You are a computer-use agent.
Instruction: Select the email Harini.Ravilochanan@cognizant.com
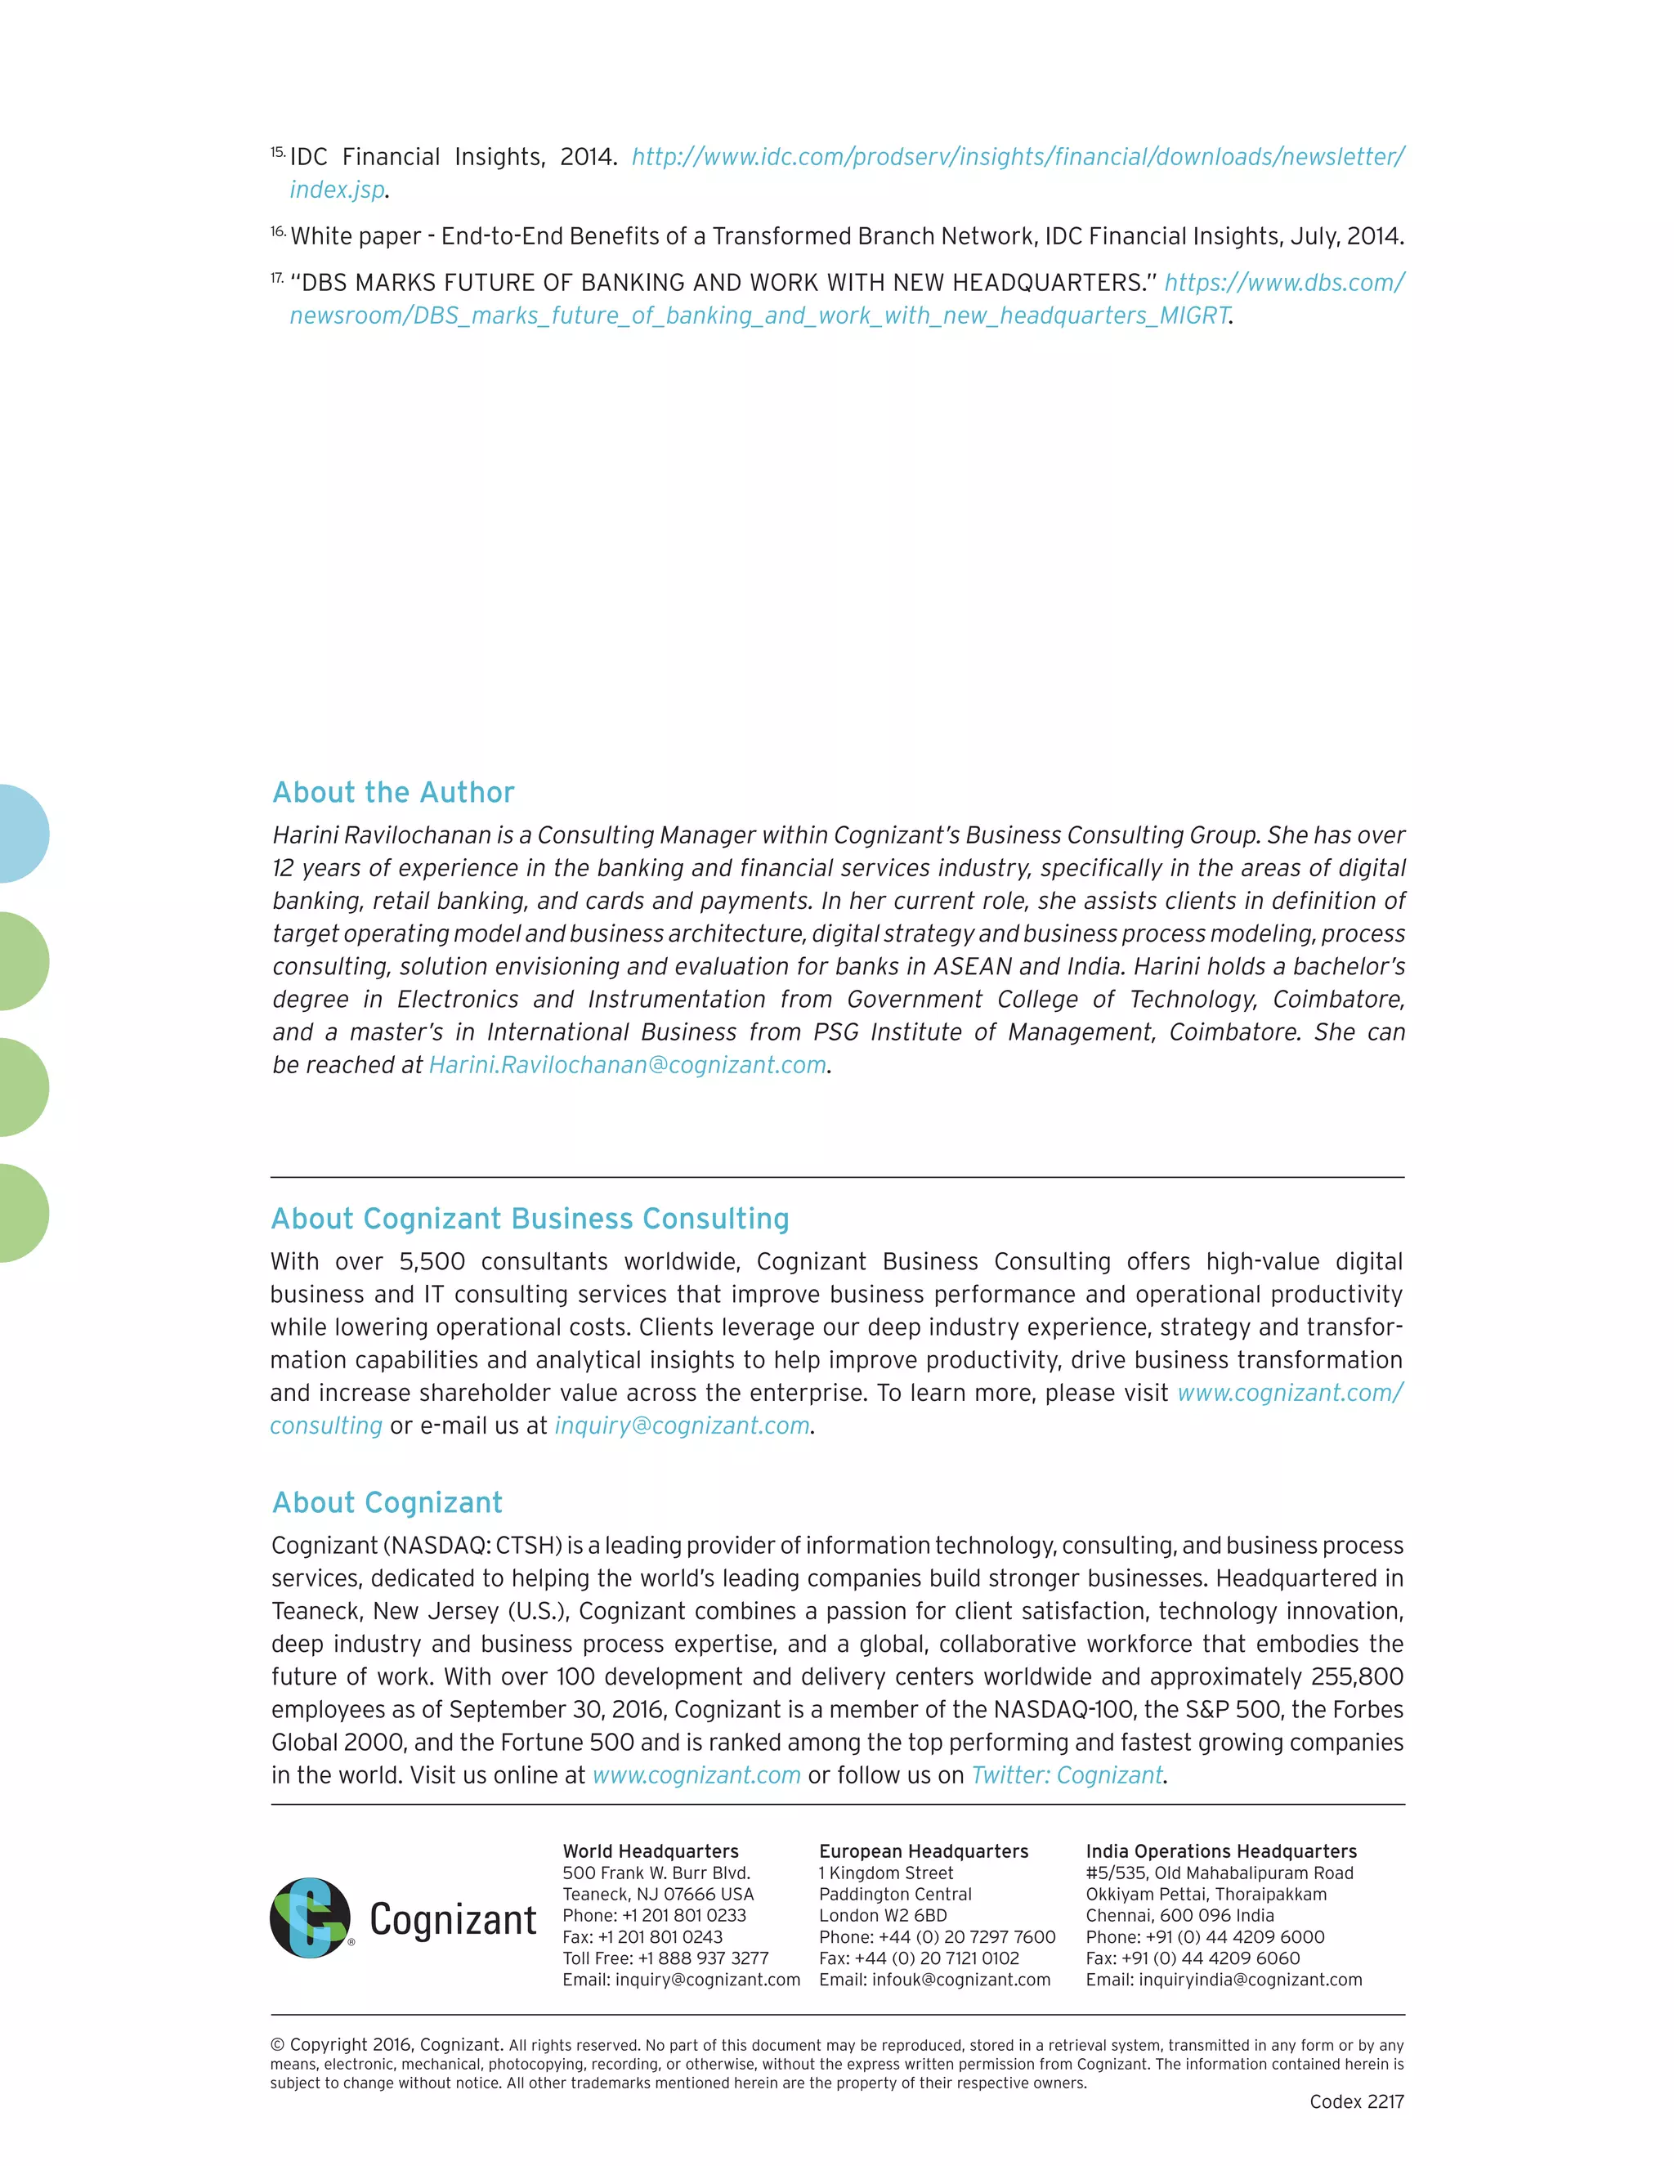pyautogui.click(x=627, y=1065)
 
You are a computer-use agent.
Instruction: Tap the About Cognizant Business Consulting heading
pyautogui.click(x=530, y=1219)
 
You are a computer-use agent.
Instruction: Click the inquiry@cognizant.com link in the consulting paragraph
pyautogui.click(x=682, y=1426)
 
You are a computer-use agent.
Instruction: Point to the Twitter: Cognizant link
pyautogui.click(x=1066, y=1775)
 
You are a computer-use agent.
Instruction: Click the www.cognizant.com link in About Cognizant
pyautogui.click(x=696, y=1775)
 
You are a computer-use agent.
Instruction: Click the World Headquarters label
pyautogui.click(x=651, y=1851)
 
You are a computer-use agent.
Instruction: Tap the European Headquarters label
pyautogui.click(x=924, y=1851)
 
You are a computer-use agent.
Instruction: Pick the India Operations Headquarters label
pyautogui.click(x=1221, y=1851)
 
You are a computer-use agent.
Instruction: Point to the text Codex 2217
pyautogui.click(x=1356, y=2102)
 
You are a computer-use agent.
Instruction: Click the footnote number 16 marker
pyautogui.click(x=278, y=232)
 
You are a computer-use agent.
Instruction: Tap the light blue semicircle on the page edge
pyautogui.click(x=22, y=834)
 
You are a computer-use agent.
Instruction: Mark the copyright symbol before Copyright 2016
pyautogui.click(x=277, y=2045)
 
